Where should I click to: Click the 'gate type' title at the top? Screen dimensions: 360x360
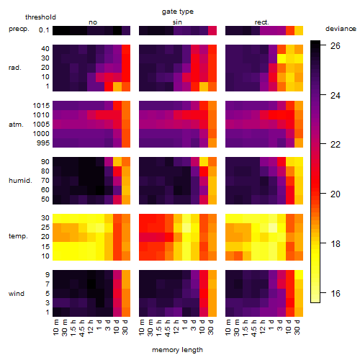pos(178,12)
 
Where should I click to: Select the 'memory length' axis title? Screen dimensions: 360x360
pos(177,350)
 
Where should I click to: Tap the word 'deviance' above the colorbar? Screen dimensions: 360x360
pos(341,29)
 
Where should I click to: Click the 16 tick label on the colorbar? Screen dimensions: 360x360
pos(336,293)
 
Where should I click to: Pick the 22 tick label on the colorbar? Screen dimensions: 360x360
pos(336,145)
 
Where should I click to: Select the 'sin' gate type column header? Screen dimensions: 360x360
pos(177,22)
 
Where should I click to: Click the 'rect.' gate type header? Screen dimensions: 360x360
pos(261,22)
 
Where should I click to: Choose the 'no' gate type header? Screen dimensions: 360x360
pos(93,22)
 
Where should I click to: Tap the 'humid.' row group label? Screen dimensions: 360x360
pos(20,181)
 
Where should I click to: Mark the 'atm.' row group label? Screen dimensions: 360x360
pos(16,125)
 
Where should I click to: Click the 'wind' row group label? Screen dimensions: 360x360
pos(17,294)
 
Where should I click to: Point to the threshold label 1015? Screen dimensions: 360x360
pos(41,106)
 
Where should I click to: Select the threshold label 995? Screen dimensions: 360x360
pos(43,143)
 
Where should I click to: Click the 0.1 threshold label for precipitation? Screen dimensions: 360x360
pos(44,30)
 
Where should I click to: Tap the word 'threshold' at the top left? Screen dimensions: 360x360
pos(40,17)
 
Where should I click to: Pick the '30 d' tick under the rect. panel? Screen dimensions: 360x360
pos(297,327)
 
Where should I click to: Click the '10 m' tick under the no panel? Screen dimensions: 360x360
pos(55,328)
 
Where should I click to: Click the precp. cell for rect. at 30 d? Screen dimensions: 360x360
pos(299,30)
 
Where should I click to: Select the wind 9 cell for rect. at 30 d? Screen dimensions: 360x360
pos(299,275)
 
